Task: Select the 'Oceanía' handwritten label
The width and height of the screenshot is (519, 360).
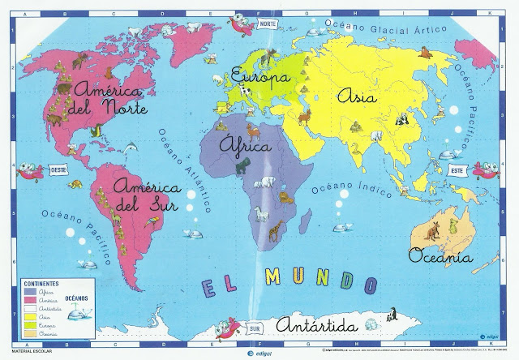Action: pos(440,257)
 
